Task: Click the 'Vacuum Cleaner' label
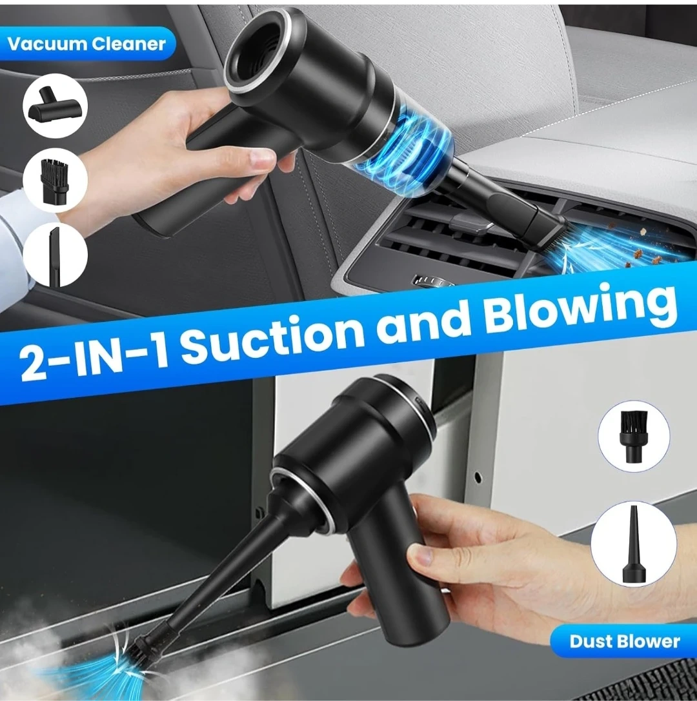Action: point(86,44)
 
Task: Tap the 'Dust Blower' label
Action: point(625,642)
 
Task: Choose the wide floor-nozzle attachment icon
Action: point(55,106)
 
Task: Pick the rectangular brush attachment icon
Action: point(55,181)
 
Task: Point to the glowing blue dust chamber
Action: point(394,152)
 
